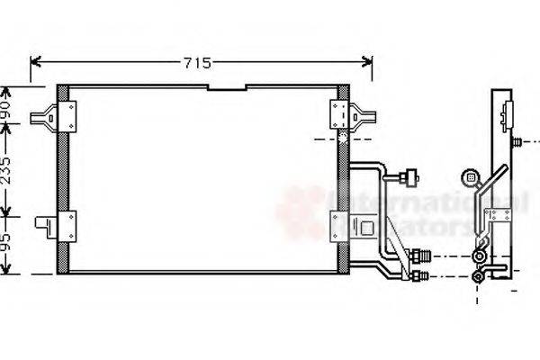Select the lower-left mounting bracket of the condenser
54,224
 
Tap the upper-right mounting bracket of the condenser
350,114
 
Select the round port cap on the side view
468,177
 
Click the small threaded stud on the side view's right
519,142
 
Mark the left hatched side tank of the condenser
63,180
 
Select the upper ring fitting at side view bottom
479,257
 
